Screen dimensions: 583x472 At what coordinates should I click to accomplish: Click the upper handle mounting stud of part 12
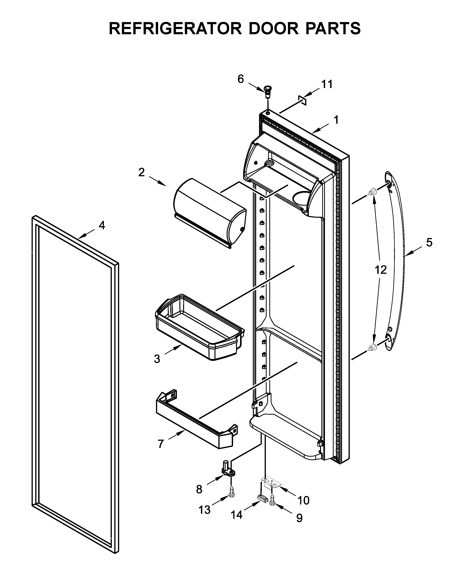point(371,193)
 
